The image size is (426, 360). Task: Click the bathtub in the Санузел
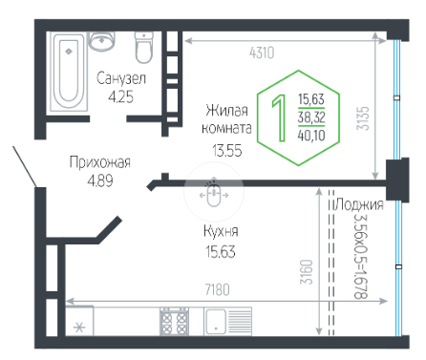pos(69,72)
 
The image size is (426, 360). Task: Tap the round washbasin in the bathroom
pos(101,41)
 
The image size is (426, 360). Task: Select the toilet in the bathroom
pos(144,47)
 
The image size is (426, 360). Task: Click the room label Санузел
pos(121,78)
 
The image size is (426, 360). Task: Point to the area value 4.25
pos(120,96)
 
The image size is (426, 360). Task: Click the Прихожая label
pos(100,162)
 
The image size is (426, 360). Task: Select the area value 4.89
pos(100,180)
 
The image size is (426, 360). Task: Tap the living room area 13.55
pos(227,150)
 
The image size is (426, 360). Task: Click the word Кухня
pos(221,231)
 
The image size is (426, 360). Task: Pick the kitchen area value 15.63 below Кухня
pos(221,251)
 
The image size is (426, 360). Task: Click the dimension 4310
pos(262,53)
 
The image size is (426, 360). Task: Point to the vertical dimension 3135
pos(363,118)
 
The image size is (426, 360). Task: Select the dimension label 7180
pos(218,289)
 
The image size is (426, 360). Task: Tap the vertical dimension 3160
pos(307,272)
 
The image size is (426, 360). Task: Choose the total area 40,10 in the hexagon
pos(311,136)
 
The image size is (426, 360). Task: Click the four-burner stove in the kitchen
pos(174,321)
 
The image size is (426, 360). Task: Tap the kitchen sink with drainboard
pos(227,321)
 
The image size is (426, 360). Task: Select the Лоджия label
pos(359,204)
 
